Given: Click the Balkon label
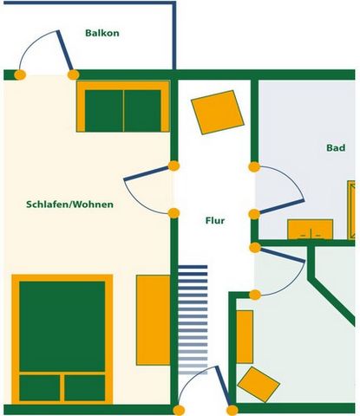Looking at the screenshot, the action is pyautogui.click(x=102, y=33).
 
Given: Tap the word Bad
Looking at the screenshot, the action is pyautogui.click(x=336, y=147).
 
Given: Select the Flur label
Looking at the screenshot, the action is pyautogui.click(x=215, y=221).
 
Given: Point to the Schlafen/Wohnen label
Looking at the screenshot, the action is pyautogui.click(x=69, y=205).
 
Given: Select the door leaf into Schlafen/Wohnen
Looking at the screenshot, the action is pyautogui.click(x=146, y=173).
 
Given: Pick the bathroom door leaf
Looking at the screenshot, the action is pyautogui.click(x=281, y=206).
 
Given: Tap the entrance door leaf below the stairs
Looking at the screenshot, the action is pyautogui.click(x=223, y=386).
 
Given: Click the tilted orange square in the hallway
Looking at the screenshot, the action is pyautogui.click(x=218, y=113).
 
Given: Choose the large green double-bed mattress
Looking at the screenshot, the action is pyautogui.click(x=62, y=327).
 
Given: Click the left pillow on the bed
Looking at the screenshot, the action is pyautogui.click(x=40, y=388).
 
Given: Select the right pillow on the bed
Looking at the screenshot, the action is pyautogui.click(x=84, y=388).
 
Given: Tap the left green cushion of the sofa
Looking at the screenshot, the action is pyautogui.click(x=104, y=111).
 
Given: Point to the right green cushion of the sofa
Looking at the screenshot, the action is pyautogui.click(x=142, y=111).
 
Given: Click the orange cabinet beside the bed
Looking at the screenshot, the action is pyautogui.click(x=154, y=320).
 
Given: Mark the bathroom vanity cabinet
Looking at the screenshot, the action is pyautogui.click(x=311, y=230).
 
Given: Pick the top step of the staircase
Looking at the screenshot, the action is pyautogui.click(x=193, y=267).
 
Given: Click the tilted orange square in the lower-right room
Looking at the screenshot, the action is pyautogui.click(x=259, y=385).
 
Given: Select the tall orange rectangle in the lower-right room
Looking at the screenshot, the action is pyautogui.click(x=245, y=337).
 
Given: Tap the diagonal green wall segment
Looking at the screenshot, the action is pyautogui.click(x=332, y=302).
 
